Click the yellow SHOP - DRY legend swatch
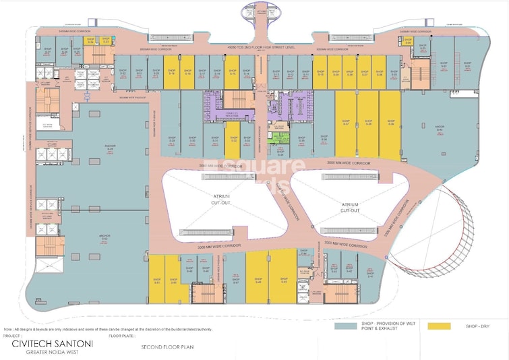pos(439,326)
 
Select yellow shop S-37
pos(345,123)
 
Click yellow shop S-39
pos(390,123)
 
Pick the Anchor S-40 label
pos(439,128)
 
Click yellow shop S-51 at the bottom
pos(157,280)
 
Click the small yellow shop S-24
pos(90,41)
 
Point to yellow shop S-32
pos(233,140)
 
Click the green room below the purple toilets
pos(279,138)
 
